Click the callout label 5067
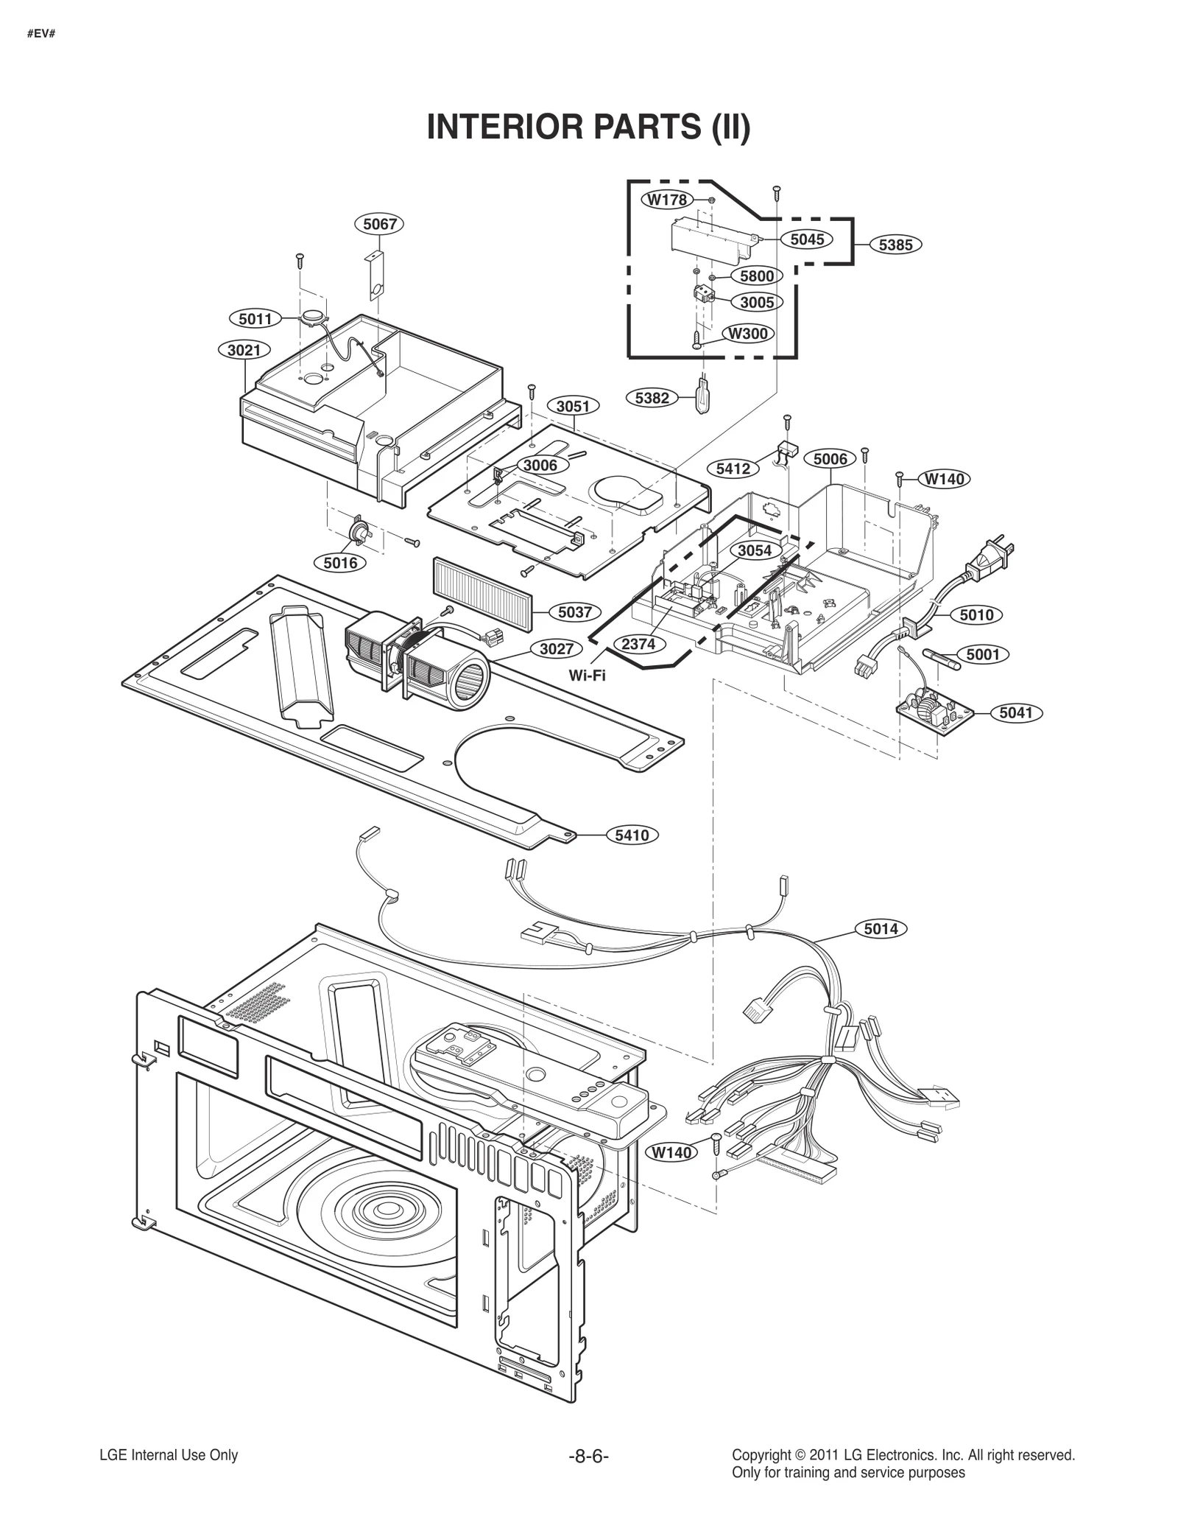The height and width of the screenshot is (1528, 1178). (x=379, y=224)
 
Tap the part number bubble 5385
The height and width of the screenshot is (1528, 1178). (x=895, y=245)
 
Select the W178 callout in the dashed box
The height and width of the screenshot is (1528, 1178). (x=667, y=200)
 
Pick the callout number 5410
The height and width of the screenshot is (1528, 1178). (x=632, y=835)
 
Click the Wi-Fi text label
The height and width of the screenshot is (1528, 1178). (x=587, y=675)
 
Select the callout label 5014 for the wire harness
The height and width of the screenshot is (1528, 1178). (x=881, y=929)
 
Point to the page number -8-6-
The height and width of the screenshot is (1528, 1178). (x=588, y=1457)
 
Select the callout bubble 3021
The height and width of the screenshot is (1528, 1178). (x=244, y=350)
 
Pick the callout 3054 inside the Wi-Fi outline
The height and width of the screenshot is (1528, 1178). (x=755, y=550)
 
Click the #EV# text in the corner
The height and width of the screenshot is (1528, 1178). (x=41, y=34)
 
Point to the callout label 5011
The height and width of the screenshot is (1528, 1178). (x=255, y=319)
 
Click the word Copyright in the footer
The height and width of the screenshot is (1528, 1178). (x=761, y=1455)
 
